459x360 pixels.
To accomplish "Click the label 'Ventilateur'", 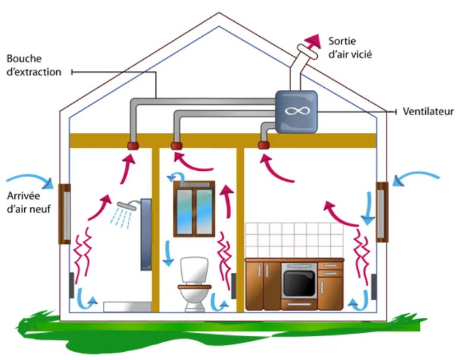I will pos(428,111).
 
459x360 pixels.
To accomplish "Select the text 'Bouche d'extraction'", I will pos(34,66).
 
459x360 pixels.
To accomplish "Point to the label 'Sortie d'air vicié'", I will pos(350,48).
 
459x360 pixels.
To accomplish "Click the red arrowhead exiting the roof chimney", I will pos(310,42).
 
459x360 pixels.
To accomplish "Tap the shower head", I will pos(126,206).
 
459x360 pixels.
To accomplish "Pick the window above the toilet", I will pos(194,209).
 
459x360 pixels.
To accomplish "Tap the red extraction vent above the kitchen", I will pos(264,145).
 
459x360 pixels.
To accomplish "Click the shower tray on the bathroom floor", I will pos(127,306).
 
